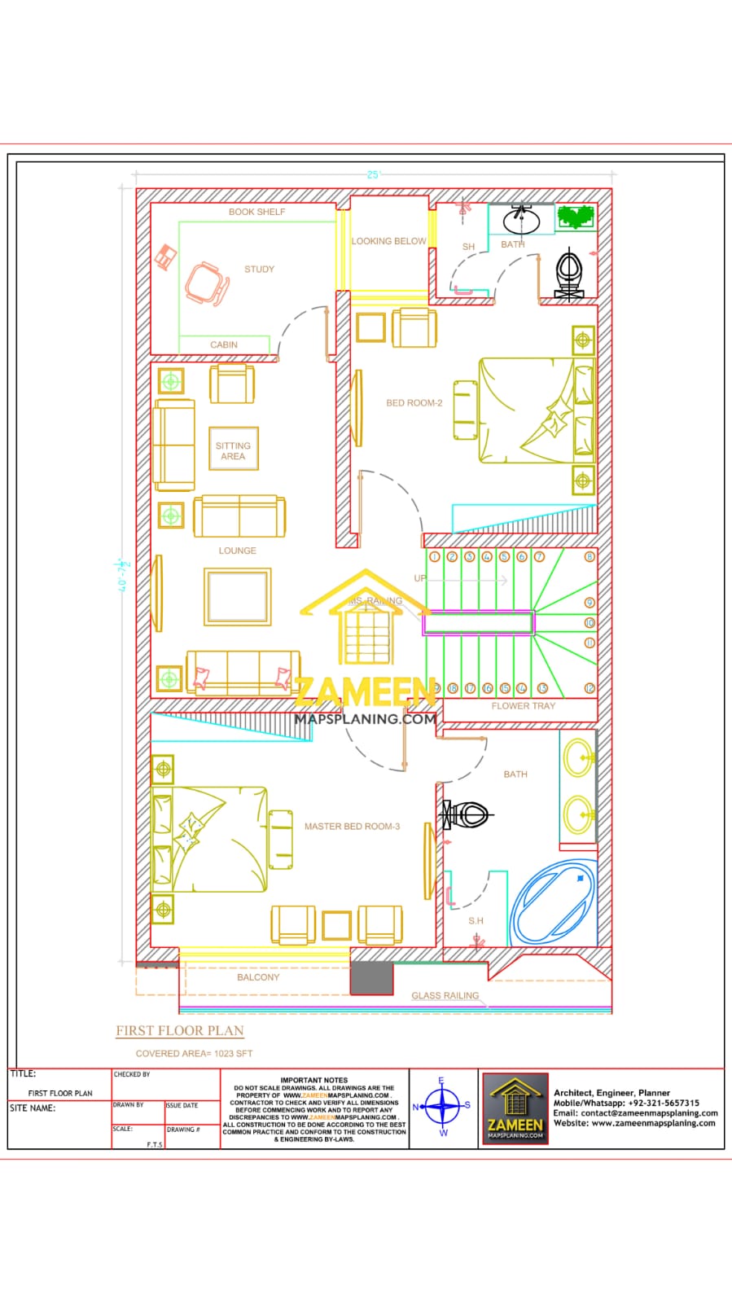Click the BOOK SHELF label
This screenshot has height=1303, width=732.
click(x=256, y=212)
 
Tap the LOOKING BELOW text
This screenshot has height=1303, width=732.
click(x=388, y=241)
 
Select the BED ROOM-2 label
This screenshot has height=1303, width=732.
click(x=414, y=403)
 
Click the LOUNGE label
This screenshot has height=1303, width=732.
click(x=237, y=551)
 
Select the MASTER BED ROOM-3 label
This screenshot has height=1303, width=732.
click(x=352, y=827)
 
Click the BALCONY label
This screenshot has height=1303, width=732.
click(x=258, y=977)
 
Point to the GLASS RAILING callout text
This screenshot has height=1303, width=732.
click(x=445, y=996)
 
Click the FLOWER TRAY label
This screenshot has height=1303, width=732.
click(x=523, y=706)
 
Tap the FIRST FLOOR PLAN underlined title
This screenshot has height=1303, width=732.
click(x=180, y=1031)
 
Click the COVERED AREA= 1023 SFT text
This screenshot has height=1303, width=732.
click(x=194, y=1054)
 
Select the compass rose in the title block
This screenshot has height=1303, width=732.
click(x=443, y=1107)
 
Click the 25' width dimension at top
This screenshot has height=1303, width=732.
click(x=374, y=175)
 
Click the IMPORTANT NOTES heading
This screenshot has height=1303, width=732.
click(x=313, y=1080)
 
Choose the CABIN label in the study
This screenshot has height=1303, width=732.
click(x=224, y=345)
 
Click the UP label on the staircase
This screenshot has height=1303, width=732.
click(x=420, y=579)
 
